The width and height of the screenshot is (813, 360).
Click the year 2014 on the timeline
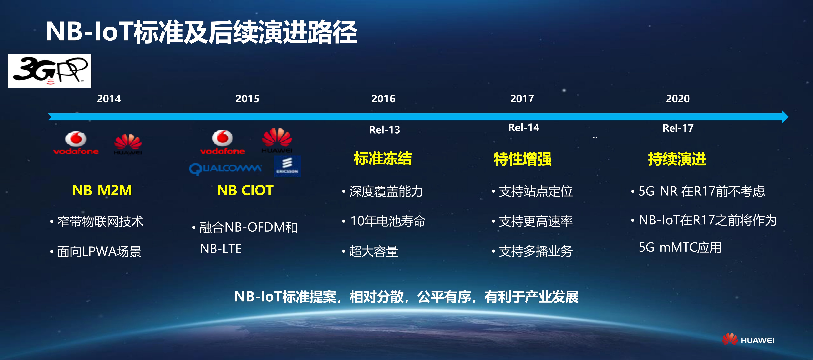(x=109, y=99)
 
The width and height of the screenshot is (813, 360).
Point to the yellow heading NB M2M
(x=102, y=190)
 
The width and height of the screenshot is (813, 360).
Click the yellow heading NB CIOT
(x=245, y=190)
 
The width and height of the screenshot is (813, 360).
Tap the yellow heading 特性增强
(x=523, y=159)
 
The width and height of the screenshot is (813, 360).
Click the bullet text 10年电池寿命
(x=388, y=221)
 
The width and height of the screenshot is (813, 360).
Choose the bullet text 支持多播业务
(x=536, y=251)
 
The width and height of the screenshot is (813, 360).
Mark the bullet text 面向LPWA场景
(x=99, y=252)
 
